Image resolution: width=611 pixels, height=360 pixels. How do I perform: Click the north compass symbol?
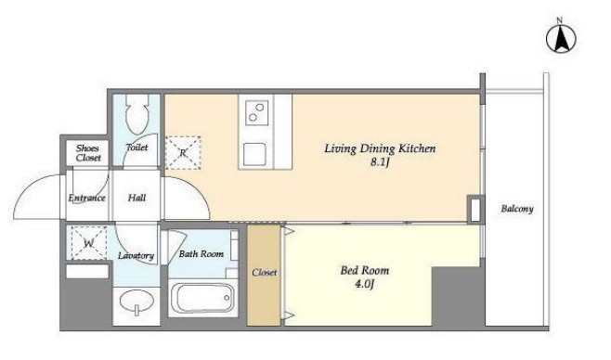[x=561, y=39]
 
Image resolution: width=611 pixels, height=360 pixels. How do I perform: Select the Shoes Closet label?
[x=88, y=153]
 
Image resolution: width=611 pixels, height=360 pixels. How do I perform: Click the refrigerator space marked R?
[x=183, y=152]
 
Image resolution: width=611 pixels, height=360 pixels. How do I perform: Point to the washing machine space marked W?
[x=89, y=243]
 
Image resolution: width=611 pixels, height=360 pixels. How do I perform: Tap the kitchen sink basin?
[x=254, y=155]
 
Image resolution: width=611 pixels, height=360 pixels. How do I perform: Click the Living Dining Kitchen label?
[x=380, y=148]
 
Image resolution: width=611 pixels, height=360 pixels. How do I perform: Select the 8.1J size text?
[x=380, y=162]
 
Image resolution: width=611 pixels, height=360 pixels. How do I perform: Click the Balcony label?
[x=517, y=209]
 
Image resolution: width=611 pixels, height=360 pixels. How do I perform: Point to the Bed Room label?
[x=365, y=270]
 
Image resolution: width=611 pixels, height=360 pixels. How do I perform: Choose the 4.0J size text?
[x=365, y=284]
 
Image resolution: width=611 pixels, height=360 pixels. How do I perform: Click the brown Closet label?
[x=265, y=273]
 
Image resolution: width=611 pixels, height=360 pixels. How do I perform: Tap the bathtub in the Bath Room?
[x=202, y=298]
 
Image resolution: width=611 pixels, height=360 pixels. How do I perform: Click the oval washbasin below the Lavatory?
[x=136, y=302]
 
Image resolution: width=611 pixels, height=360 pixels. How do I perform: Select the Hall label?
[x=137, y=198]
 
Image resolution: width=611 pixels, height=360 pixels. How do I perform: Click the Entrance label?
[x=87, y=198]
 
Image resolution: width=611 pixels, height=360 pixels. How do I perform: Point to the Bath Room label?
[x=201, y=254]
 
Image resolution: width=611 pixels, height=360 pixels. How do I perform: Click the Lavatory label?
[x=136, y=256]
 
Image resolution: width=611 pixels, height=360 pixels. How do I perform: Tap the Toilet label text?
[x=137, y=148]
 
